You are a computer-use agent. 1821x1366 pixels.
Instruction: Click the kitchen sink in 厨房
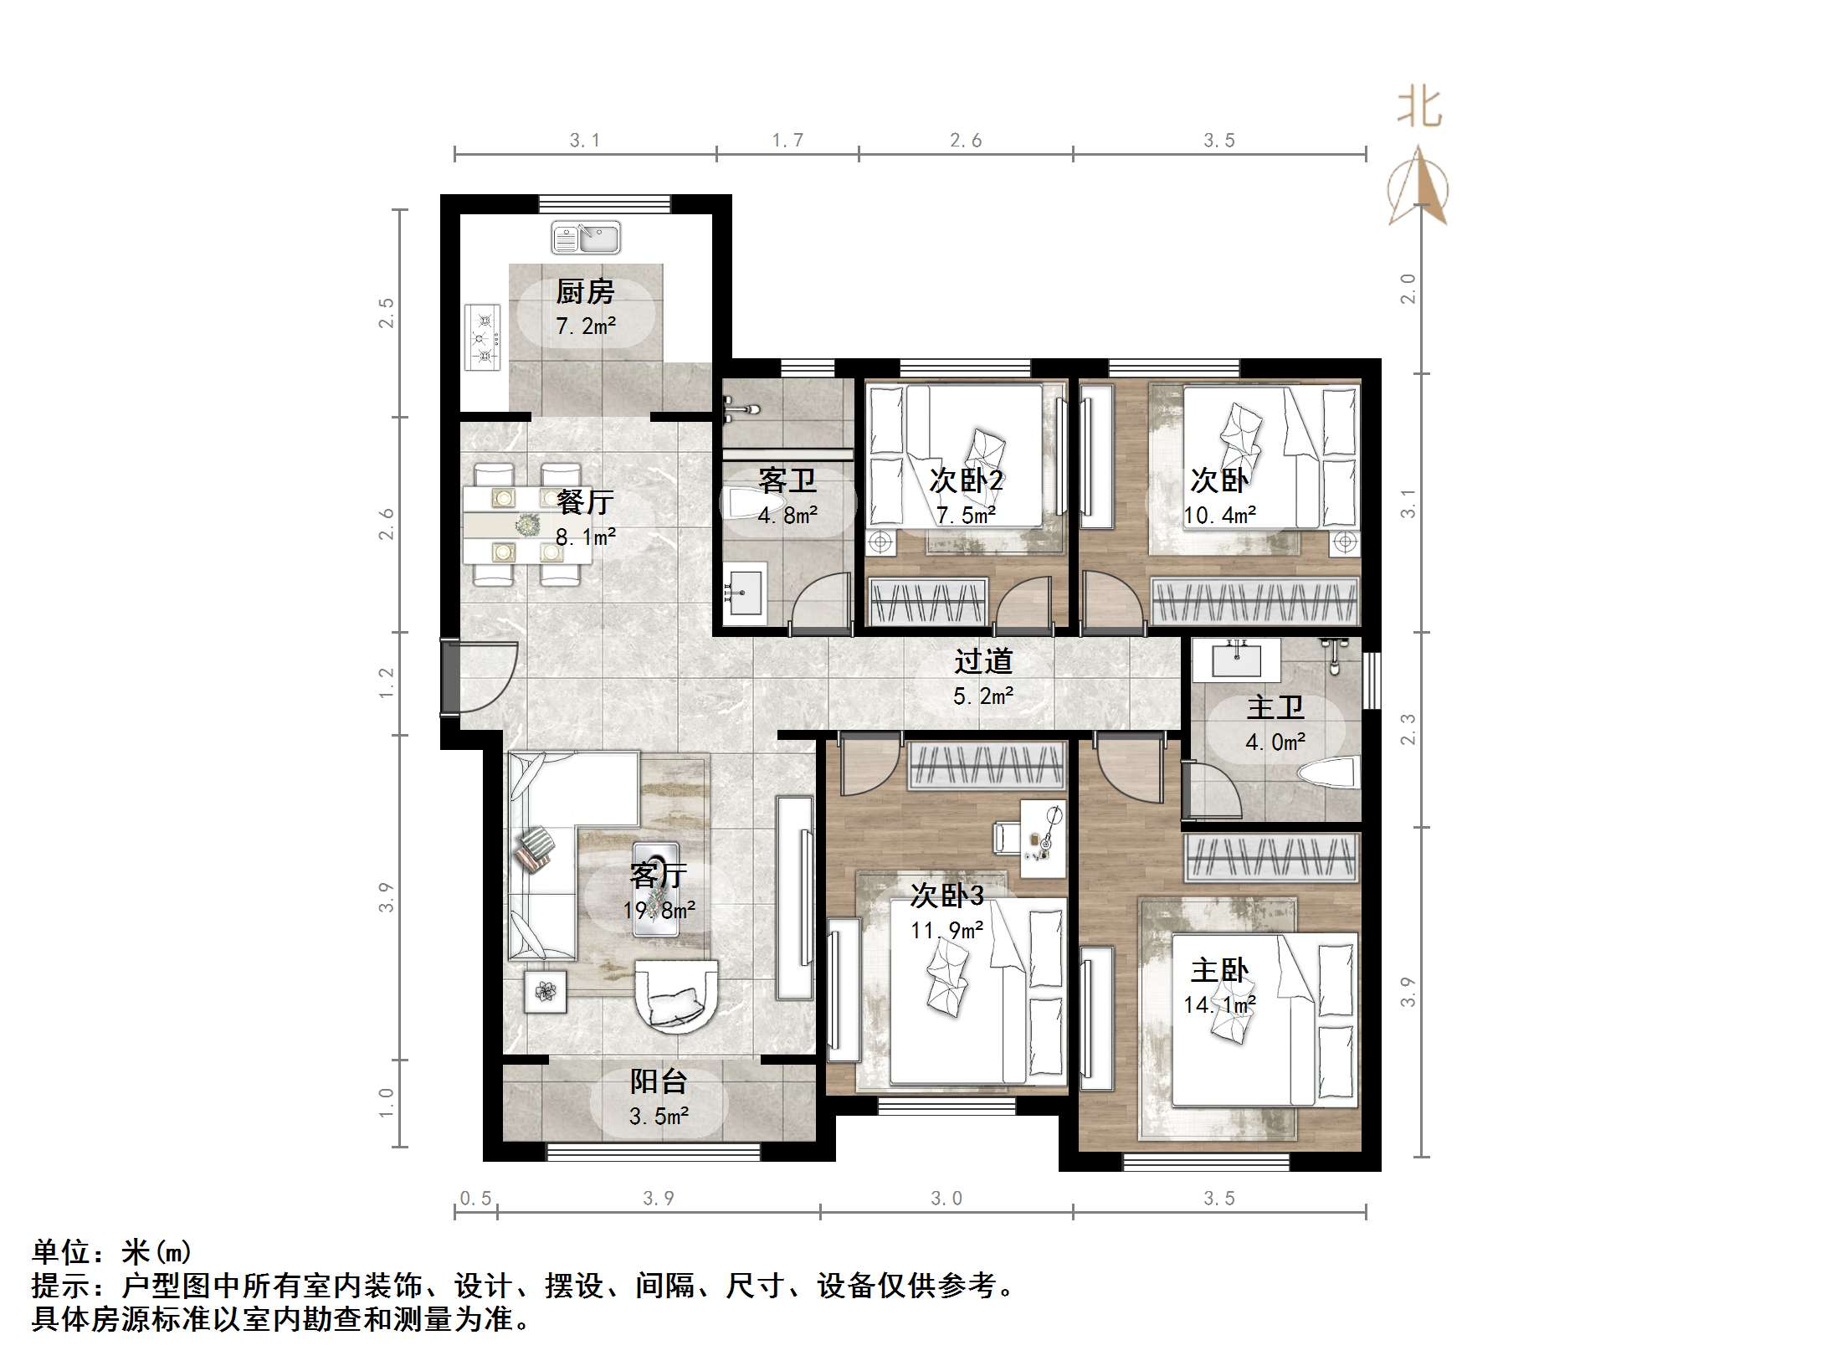pos(586,238)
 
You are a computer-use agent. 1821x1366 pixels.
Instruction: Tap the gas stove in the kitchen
pos(483,338)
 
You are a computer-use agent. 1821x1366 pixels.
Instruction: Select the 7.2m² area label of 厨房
pos(586,326)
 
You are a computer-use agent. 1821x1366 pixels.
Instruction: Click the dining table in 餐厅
pos(526,525)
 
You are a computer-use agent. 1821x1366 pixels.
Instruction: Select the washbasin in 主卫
pos(1236,660)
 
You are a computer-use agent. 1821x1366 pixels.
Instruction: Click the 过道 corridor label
pos(983,661)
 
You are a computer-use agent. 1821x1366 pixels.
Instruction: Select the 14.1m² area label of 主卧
pos(1219,1004)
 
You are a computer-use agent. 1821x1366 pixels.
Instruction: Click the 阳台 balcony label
pos(659,1081)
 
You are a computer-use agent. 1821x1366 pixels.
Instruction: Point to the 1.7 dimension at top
pos(787,140)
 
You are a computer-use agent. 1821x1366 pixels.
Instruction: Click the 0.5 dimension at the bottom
pos(475,1199)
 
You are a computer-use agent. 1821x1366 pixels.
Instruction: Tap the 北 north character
pos(1419,109)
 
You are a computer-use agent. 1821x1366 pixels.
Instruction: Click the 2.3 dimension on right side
pos(1408,729)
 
